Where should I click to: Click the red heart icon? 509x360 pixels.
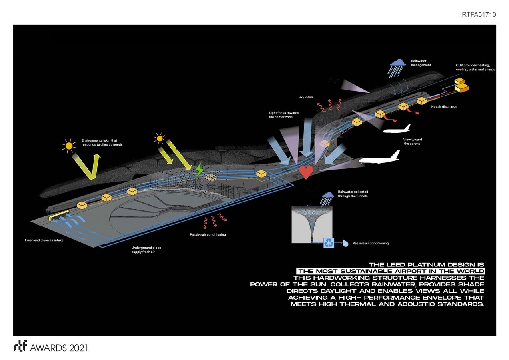pyautogui.click(x=306, y=172)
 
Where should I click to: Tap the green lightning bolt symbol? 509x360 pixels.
pyautogui.click(x=199, y=170)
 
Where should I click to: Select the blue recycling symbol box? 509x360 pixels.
pyautogui.click(x=329, y=243)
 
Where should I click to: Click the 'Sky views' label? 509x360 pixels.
pyautogui.click(x=306, y=97)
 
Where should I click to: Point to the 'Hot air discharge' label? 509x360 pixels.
pyautogui.click(x=444, y=107)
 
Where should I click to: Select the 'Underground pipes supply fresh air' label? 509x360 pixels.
pyautogui.click(x=146, y=250)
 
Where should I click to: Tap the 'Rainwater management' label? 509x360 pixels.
pyautogui.click(x=421, y=63)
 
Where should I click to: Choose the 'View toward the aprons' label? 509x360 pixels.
pyautogui.click(x=412, y=142)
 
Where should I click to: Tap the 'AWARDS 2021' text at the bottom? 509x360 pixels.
pyautogui.click(x=59, y=348)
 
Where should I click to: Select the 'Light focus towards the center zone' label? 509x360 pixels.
pyautogui.click(x=283, y=115)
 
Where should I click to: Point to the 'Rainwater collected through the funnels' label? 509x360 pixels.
pyautogui.click(x=353, y=194)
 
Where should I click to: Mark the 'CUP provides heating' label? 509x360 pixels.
pyautogui.click(x=475, y=67)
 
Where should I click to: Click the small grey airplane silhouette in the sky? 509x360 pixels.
pyautogui.click(x=331, y=81)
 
